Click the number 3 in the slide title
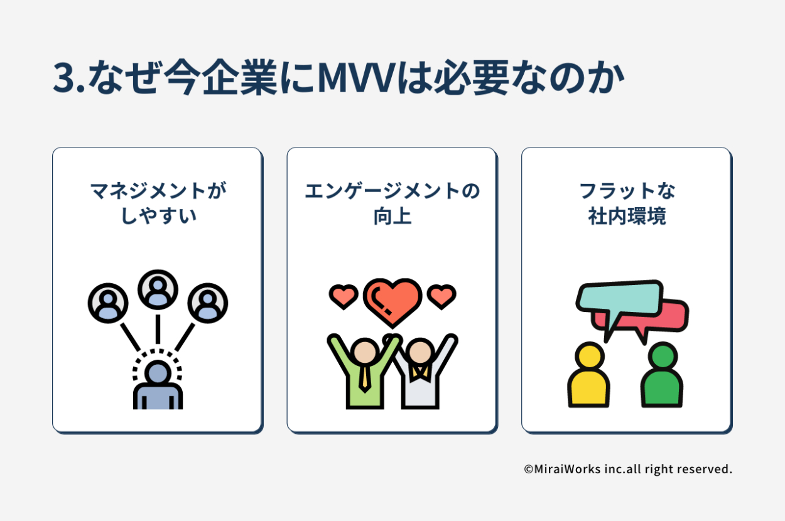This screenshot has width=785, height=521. point(65,78)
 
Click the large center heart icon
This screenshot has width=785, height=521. point(392,301)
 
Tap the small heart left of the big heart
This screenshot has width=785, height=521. point(343,296)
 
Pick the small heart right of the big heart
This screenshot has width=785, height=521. point(441,296)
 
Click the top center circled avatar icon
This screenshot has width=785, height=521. point(158,289)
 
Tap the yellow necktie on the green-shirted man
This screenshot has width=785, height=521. point(364,376)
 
